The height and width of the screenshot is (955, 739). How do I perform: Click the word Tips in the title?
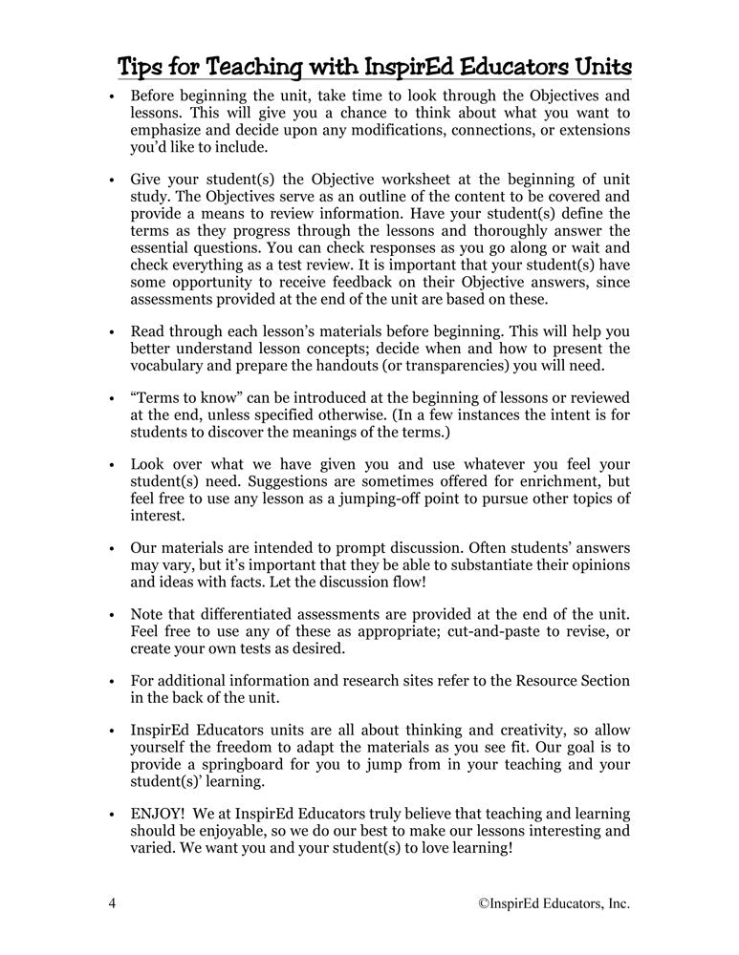point(141,68)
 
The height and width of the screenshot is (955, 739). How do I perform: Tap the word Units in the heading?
point(597,68)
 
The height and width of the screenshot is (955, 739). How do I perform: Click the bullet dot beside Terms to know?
point(112,398)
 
